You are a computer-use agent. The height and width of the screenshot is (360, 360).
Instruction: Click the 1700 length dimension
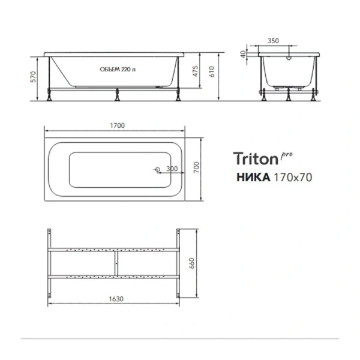117,126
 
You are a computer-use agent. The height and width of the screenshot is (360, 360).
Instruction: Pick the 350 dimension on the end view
273,41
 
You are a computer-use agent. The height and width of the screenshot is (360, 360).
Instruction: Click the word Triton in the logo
254,159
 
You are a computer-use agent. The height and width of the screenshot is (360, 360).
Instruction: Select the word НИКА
251,177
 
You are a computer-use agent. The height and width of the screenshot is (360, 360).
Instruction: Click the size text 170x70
292,177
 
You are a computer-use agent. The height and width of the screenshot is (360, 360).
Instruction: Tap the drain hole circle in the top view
158,170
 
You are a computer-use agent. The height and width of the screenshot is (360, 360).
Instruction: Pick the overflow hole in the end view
289,59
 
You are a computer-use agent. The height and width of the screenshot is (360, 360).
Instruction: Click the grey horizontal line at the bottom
180,339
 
